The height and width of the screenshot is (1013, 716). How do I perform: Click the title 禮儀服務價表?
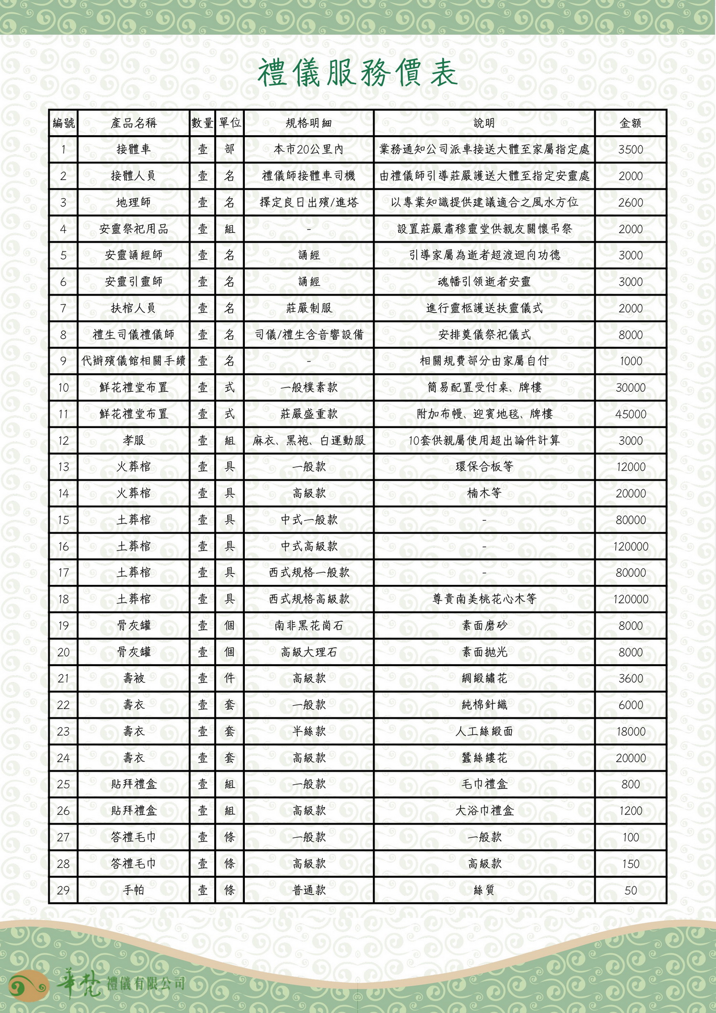coord(358,73)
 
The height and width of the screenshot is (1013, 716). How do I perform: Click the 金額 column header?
coord(630,123)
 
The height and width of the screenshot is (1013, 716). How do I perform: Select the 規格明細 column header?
coord(308,123)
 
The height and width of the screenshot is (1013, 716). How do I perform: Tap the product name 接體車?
coord(134,150)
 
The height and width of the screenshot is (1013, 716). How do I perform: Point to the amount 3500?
coord(630,150)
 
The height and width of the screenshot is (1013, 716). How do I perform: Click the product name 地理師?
coord(134,203)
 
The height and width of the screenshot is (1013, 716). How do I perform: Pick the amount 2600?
coord(630,203)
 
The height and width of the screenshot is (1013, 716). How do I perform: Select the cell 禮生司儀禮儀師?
coord(134,335)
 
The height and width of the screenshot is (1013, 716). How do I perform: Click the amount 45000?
coord(630,414)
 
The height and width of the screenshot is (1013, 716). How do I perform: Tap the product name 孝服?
coord(134,441)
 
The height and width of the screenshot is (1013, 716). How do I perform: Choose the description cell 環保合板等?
coord(484,467)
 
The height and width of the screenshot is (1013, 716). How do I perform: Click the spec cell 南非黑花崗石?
coord(308,626)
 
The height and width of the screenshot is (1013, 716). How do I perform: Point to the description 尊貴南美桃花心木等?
coord(484,599)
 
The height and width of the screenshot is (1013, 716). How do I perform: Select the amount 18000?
coord(630,732)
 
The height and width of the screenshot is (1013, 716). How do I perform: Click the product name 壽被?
coord(134,679)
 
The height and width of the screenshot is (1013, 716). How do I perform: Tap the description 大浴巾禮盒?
coord(484,811)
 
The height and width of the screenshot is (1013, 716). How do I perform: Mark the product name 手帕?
coord(134,890)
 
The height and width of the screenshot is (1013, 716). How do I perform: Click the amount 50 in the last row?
coord(630,890)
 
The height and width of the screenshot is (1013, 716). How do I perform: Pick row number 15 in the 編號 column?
coord(63,520)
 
